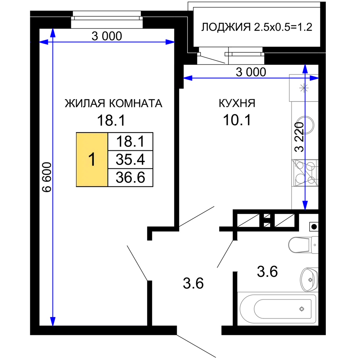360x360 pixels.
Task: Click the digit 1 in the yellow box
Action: [92, 159]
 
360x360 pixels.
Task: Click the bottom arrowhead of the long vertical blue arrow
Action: [53, 321]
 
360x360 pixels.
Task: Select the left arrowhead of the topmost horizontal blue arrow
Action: [43, 42]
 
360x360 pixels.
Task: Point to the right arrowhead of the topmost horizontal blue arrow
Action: [170, 42]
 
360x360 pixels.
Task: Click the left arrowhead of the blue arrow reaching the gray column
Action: [187, 78]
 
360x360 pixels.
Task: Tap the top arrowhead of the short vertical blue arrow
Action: [305, 68]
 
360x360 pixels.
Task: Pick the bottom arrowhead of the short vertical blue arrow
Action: [305, 206]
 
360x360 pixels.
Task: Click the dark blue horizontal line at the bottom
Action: [101, 324]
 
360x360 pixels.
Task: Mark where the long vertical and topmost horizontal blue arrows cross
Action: [53, 42]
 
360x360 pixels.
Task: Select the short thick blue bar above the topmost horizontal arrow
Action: [72, 39]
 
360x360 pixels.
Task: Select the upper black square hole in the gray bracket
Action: [309, 276]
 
